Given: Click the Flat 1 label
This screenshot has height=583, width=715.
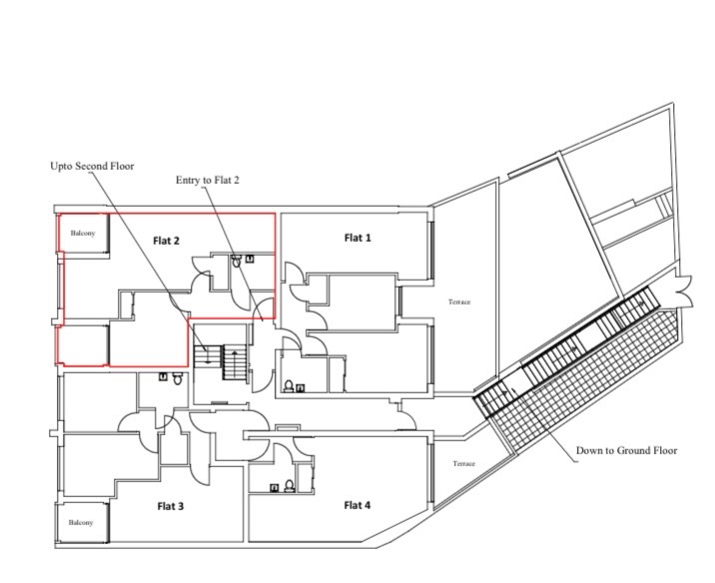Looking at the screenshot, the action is click(x=357, y=238).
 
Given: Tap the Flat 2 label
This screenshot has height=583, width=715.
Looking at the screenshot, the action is click(x=166, y=241).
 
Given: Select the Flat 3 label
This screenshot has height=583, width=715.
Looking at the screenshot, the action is click(x=171, y=506).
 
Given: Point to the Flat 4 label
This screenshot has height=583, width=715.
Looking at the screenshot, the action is click(x=357, y=505).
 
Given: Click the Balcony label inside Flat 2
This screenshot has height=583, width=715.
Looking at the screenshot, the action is click(x=83, y=233).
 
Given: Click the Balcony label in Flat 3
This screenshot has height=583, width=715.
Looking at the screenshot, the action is click(x=81, y=522).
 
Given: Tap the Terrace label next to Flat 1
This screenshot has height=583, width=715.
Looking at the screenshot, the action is click(x=459, y=301).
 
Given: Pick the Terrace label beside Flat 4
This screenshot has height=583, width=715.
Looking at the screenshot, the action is click(x=463, y=463).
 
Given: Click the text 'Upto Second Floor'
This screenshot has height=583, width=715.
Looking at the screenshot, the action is click(x=92, y=166).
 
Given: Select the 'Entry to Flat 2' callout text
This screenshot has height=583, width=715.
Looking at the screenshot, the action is click(x=208, y=180).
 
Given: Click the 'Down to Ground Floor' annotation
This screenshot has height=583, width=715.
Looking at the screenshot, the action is click(x=626, y=450).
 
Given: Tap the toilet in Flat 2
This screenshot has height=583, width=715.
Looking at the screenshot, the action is click(x=237, y=261).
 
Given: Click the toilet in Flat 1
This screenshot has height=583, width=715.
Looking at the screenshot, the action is click(x=289, y=386).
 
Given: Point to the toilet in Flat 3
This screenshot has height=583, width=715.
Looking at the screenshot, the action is click(x=178, y=378).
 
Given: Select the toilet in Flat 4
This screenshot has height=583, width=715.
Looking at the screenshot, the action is click(x=290, y=486).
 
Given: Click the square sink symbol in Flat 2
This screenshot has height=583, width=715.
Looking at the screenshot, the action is click(x=250, y=259).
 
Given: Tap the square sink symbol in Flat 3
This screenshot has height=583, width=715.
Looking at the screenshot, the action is click(x=163, y=376).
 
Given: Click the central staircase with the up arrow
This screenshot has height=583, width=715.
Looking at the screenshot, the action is click(x=235, y=362).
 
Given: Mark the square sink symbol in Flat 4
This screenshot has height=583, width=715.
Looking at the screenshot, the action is click(x=275, y=488).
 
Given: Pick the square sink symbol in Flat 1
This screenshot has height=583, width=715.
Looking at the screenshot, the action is click(x=300, y=388).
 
